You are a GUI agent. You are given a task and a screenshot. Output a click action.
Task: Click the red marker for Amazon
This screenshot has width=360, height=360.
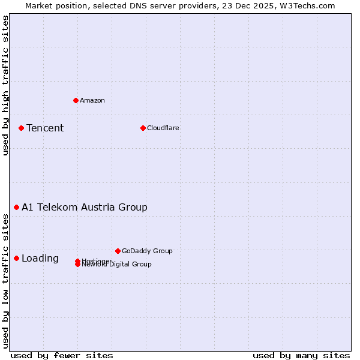pos(76,100)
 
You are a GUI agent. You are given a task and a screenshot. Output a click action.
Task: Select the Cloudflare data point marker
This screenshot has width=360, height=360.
pos(143,128)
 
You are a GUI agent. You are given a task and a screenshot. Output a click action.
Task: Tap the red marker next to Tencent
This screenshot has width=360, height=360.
pos(21,128)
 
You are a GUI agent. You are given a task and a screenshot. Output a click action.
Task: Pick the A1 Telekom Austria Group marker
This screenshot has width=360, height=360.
pos(16,207)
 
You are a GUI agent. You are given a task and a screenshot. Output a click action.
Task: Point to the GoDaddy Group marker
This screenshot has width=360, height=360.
pos(118,251)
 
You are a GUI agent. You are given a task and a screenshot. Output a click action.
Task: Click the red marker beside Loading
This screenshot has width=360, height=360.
pos(16,258)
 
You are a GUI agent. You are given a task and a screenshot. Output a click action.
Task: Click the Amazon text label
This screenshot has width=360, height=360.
pos(92,100)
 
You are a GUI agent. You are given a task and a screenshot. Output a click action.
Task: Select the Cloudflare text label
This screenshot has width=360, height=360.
pos(163,128)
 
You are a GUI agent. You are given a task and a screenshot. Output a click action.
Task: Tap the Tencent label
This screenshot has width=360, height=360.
pos(45,128)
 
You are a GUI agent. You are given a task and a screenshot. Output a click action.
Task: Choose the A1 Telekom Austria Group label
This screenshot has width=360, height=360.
pos(85,207)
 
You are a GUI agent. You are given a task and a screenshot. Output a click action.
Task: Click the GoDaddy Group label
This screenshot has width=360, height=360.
pos(147,251)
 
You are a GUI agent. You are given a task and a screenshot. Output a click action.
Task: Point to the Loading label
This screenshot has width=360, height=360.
pos(40,259)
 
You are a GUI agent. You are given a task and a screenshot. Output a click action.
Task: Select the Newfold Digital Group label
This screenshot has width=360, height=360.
pos(118,265)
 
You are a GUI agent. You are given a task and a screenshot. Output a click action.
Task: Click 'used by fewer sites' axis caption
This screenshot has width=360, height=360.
pos(62,355)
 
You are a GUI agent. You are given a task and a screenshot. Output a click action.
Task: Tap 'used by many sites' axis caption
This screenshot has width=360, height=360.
pos(301,355)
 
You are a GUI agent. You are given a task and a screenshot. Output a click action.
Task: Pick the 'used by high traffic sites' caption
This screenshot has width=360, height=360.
pos(6,85)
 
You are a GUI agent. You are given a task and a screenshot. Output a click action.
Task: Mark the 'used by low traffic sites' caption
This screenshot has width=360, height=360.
pos(6,281)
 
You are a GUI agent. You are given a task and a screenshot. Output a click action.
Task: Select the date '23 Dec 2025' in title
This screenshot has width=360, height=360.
pos(255,5)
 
